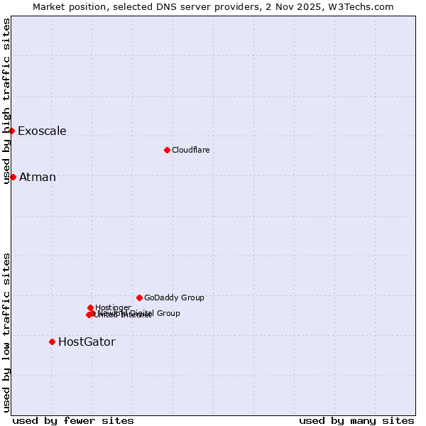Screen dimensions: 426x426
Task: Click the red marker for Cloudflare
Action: [167, 150]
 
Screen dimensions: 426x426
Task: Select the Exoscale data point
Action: [11, 131]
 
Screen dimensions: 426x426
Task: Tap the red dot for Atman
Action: [13, 177]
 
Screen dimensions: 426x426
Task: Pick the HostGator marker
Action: [52, 342]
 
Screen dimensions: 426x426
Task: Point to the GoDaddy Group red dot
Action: [139, 297]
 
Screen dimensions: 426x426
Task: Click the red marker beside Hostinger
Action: [90, 307]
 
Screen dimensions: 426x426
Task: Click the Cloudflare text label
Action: [191, 150]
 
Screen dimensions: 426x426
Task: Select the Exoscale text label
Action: [42, 131]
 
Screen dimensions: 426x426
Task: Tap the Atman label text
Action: [38, 177]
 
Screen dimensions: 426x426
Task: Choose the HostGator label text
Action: [87, 342]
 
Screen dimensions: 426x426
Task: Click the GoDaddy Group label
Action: [174, 297]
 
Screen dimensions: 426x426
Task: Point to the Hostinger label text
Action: [113, 307]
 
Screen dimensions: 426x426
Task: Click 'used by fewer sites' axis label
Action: [73, 420]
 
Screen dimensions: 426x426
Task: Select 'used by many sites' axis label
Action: [356, 420]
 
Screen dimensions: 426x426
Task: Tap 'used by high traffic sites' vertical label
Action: [7, 101]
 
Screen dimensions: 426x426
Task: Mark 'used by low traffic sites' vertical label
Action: [7, 332]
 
